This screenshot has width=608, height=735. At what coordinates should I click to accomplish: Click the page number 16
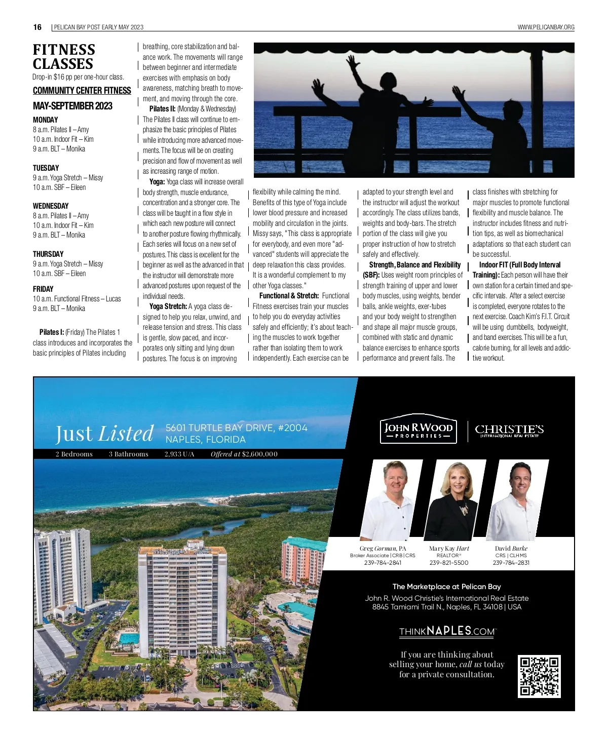37,27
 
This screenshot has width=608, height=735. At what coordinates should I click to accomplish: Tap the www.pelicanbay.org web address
546,27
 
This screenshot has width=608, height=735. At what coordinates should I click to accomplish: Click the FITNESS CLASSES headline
64,57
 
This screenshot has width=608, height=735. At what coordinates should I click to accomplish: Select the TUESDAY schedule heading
46,168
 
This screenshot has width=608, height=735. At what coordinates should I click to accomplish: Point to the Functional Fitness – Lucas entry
77,299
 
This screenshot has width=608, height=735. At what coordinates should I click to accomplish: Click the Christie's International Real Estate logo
509,431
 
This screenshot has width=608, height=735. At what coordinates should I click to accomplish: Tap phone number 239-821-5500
449,563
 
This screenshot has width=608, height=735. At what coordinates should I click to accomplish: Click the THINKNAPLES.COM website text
447,631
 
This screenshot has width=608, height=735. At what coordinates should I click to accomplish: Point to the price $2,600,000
259,454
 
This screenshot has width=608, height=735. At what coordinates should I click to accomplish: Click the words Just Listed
104,433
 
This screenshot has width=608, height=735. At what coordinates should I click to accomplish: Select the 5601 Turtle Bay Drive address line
236,428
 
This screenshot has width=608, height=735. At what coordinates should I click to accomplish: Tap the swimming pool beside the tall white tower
129,638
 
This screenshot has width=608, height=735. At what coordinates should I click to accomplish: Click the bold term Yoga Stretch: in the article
168,306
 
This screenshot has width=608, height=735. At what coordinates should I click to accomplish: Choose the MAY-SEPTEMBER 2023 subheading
72,106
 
